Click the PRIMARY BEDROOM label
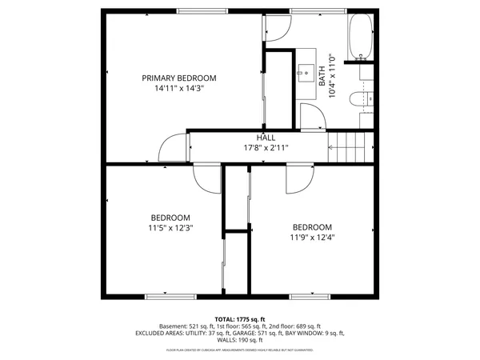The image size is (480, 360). click(x=179, y=78)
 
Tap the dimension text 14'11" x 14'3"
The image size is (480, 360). click(x=179, y=89)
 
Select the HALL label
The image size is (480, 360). click(x=266, y=138)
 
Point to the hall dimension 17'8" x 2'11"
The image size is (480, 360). click(x=266, y=148)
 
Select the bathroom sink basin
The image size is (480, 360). click(x=307, y=71)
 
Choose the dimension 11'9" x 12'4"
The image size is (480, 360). click(x=311, y=236)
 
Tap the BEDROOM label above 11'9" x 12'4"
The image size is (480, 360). click(x=311, y=226)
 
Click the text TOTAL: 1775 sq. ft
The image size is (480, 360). click(x=240, y=318)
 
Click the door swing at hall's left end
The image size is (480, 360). click(x=172, y=149)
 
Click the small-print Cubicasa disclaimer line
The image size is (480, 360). click(x=240, y=350)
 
